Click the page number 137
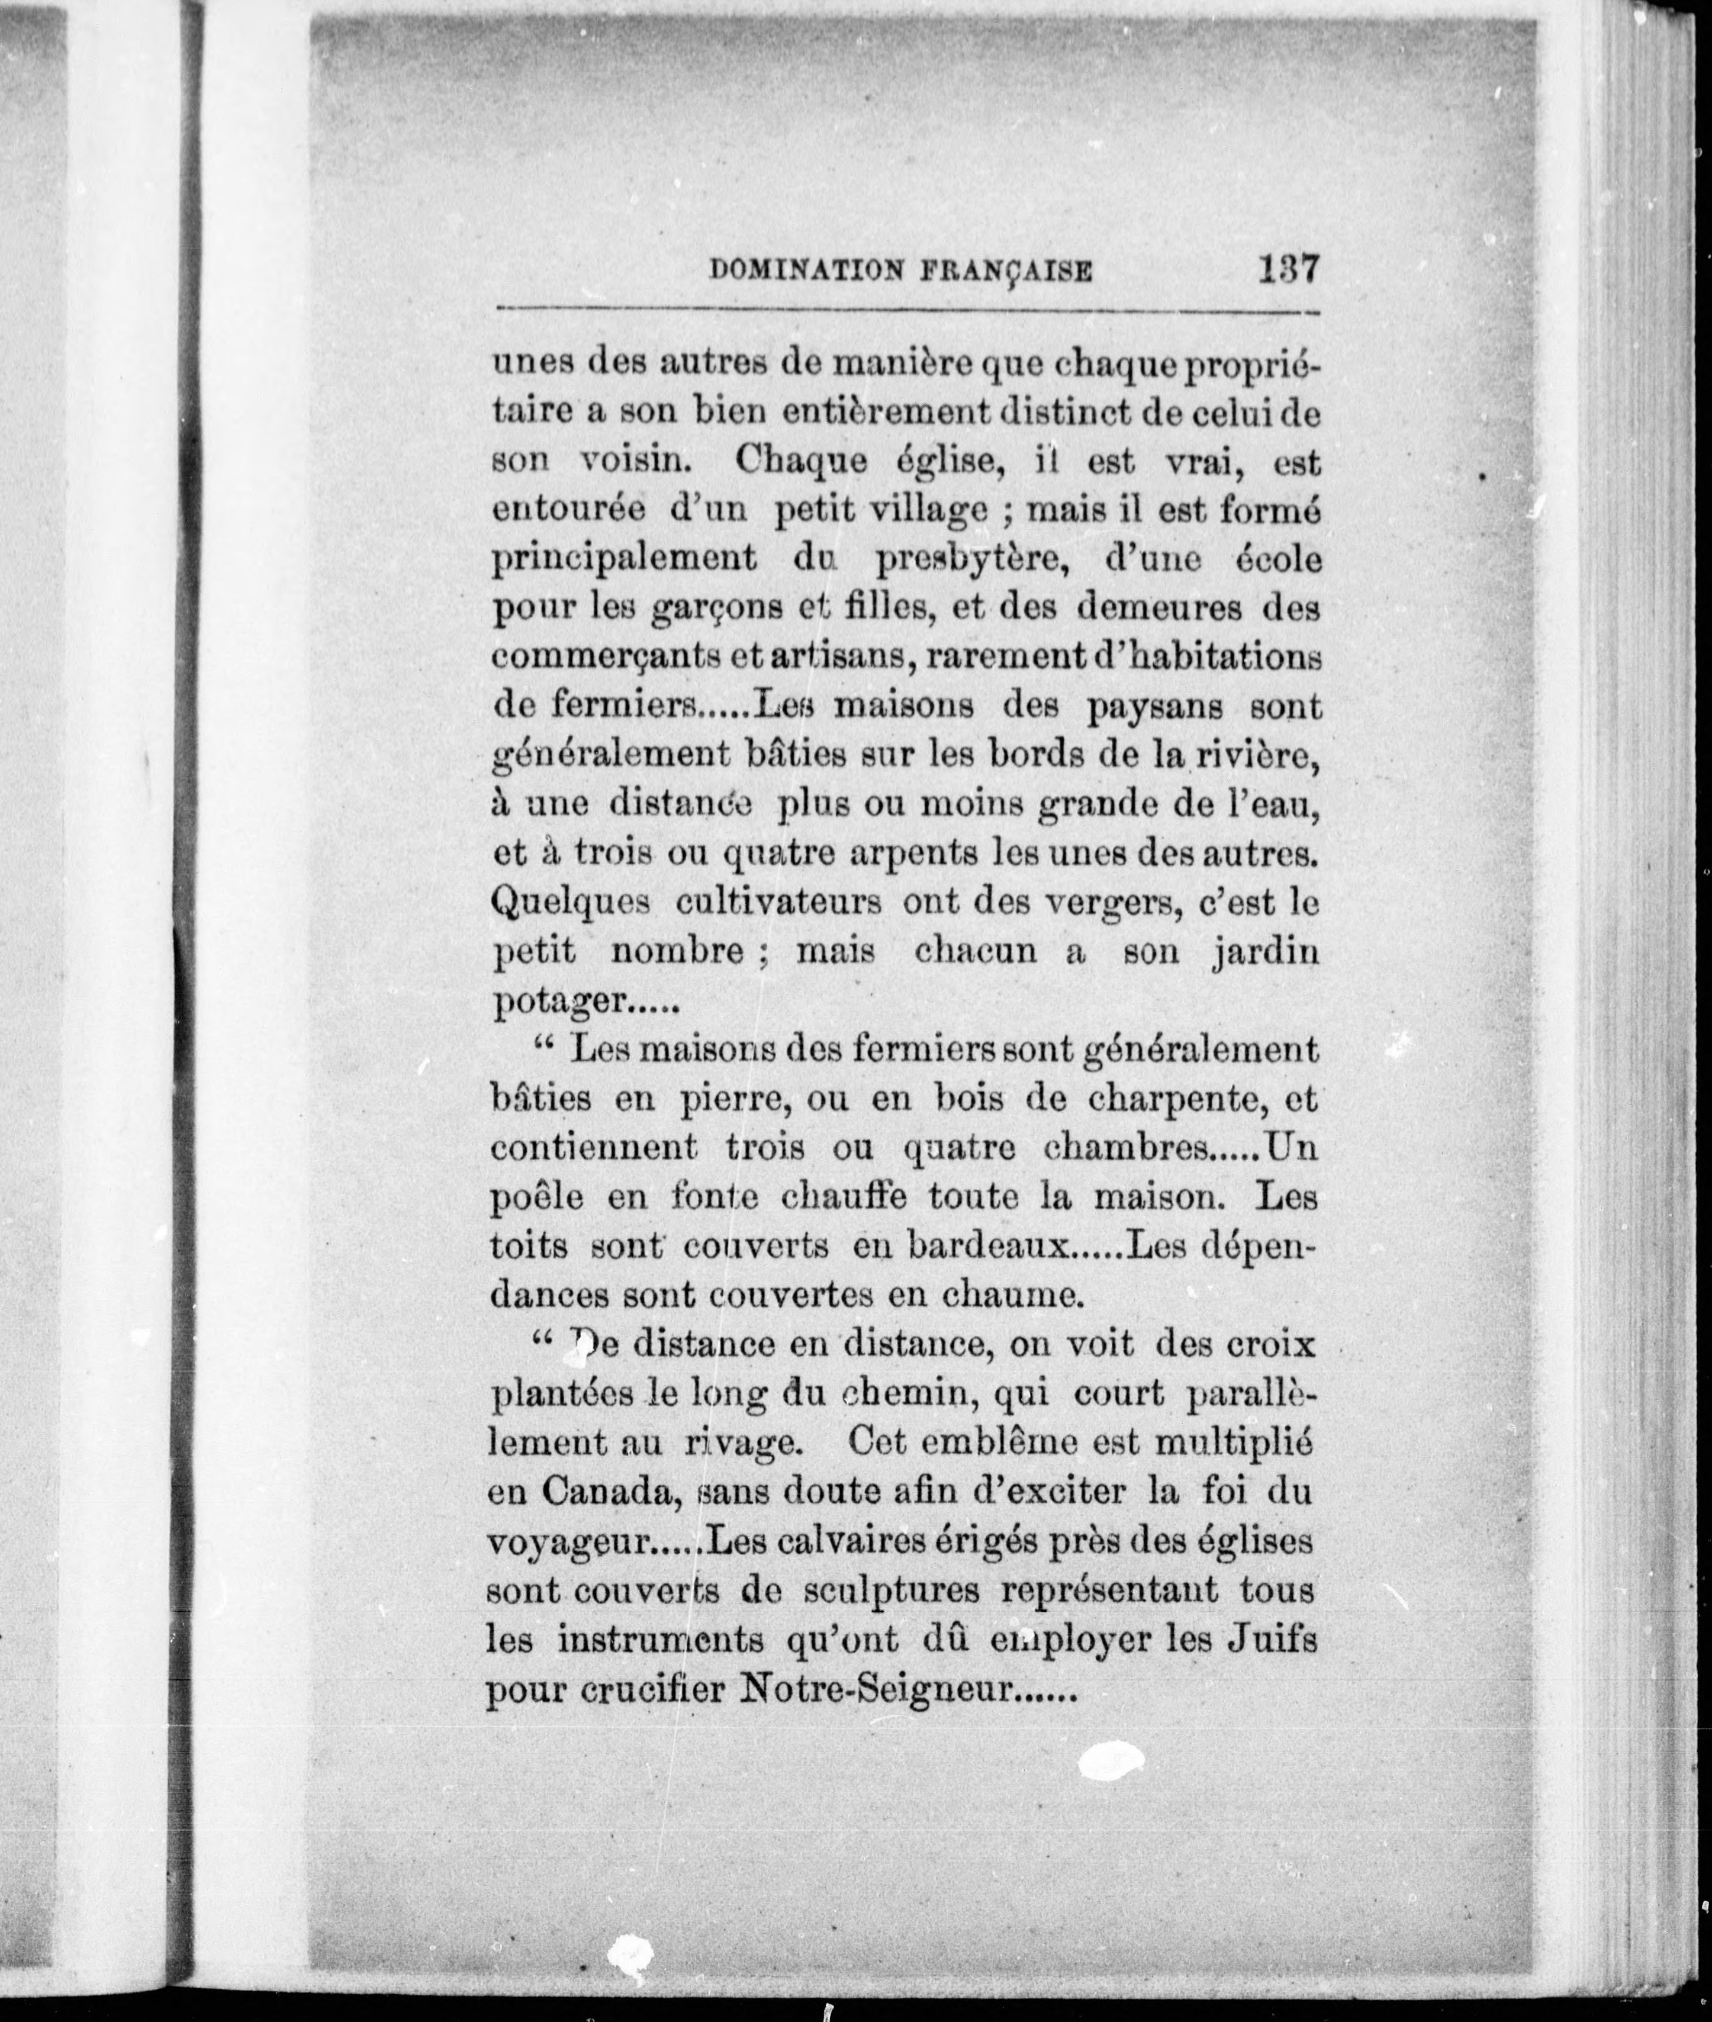coord(1289,268)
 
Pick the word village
coord(917,510)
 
